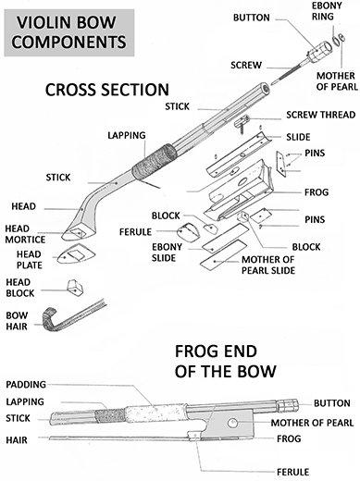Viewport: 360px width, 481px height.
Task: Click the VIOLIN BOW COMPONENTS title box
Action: click(x=69, y=32)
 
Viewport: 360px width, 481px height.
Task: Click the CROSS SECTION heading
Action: click(x=107, y=90)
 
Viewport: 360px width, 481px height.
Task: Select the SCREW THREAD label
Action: click(x=321, y=115)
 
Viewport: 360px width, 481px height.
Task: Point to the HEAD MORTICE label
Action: click(x=25, y=234)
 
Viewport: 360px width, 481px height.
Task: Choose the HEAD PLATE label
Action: click(x=30, y=260)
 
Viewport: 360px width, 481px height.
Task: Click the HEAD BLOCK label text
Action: click(x=20, y=288)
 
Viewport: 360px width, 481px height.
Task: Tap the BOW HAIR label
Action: click(x=17, y=321)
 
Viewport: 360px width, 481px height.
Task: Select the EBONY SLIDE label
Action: click(x=167, y=253)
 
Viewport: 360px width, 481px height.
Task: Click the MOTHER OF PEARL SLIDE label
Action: click(x=268, y=265)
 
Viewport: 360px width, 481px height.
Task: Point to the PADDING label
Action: click(x=26, y=385)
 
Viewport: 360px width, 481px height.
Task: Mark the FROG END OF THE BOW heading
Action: click(x=225, y=361)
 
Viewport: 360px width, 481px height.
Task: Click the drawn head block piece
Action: click(x=75, y=288)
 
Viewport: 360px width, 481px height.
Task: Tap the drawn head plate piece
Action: click(x=76, y=253)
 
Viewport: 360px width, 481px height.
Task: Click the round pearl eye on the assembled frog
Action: click(x=232, y=423)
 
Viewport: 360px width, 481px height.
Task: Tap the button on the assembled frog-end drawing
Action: click(x=288, y=405)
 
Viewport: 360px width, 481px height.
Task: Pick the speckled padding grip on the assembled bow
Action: click(x=155, y=413)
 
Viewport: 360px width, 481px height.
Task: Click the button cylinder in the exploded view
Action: click(x=320, y=52)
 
